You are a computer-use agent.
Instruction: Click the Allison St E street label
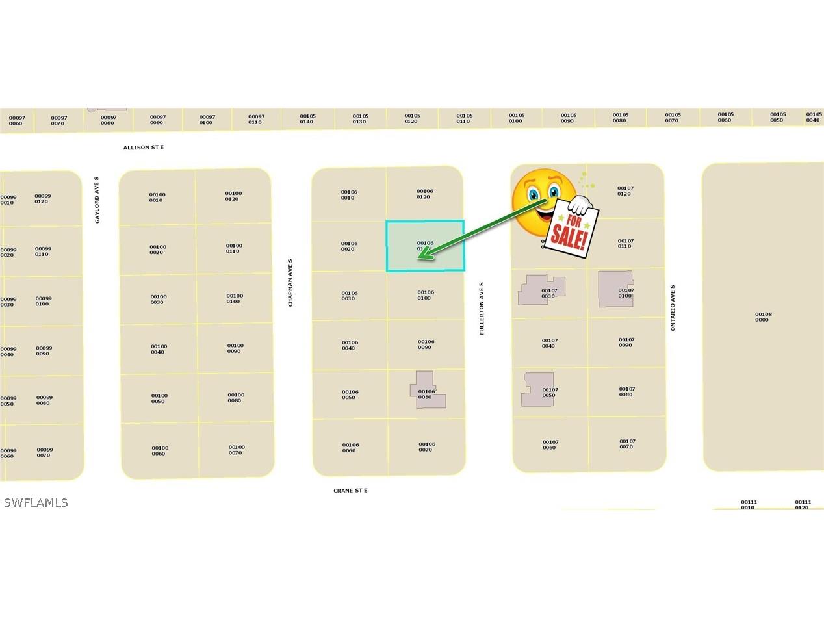click(x=144, y=148)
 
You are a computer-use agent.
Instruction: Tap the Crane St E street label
click(x=350, y=491)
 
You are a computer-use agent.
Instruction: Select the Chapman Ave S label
click(x=290, y=283)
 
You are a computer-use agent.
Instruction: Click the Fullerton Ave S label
click(x=482, y=308)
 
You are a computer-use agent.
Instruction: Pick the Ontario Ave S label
click(x=673, y=307)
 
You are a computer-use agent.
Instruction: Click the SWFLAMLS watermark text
click(x=36, y=502)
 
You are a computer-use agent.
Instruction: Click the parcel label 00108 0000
click(x=763, y=317)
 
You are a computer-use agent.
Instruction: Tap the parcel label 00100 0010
click(x=157, y=197)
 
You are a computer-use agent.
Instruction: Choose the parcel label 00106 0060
click(x=350, y=448)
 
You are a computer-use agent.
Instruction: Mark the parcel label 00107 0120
click(x=625, y=191)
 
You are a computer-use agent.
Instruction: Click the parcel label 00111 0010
click(x=749, y=505)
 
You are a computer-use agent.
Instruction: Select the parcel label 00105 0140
click(x=307, y=119)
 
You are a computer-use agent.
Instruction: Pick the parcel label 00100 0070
click(x=237, y=450)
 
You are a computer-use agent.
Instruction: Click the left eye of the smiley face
click(x=533, y=194)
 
